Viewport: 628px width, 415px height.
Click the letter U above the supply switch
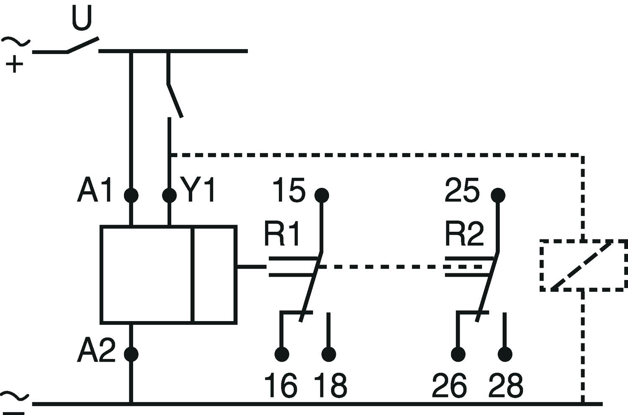pyautogui.click(x=82, y=18)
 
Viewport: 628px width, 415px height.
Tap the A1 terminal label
pyautogui.click(x=95, y=190)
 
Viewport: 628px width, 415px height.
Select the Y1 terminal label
pyautogui.click(x=198, y=190)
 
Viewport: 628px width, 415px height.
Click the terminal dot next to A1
pyautogui.click(x=131, y=195)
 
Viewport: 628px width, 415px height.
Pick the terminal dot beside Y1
pyautogui.click(x=170, y=195)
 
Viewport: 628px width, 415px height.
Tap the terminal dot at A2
pyautogui.click(x=131, y=354)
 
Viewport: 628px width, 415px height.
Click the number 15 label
pyautogui.click(x=289, y=190)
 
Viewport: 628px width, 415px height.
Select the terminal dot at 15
pyautogui.click(x=322, y=195)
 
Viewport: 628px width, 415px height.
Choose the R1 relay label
pyautogui.click(x=281, y=234)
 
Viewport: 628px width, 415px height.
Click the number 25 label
pyautogui.click(x=462, y=190)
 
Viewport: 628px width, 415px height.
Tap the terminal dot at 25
pyautogui.click(x=498, y=195)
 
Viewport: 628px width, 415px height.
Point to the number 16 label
pyautogui.click(x=281, y=385)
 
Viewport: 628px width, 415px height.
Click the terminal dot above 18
pyautogui.click(x=329, y=354)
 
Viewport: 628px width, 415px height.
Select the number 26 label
pyautogui.click(x=450, y=385)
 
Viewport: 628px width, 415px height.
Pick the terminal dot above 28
pyautogui.click(x=505, y=354)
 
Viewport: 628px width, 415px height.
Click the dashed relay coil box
pyautogui.click(x=541, y=265)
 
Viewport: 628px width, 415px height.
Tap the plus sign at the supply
pyautogui.click(x=14, y=64)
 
